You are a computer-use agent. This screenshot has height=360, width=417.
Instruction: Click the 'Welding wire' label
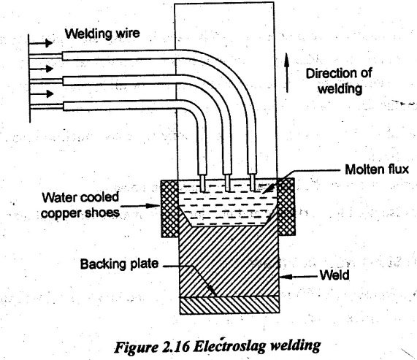click(102, 34)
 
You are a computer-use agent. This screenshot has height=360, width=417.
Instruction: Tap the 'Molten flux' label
click(377, 169)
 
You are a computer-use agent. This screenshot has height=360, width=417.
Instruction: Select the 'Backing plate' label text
click(120, 264)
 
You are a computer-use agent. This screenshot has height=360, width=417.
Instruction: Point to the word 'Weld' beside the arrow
click(334, 275)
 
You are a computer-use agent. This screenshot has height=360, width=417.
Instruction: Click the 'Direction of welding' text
click(339, 81)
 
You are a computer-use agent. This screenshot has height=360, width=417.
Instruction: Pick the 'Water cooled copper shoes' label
click(80, 205)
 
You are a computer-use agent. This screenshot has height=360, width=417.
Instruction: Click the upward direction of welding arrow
click(287, 72)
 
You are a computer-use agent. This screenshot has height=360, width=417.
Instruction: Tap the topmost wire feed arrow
click(41, 43)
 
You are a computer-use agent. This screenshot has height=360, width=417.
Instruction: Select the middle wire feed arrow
click(41, 69)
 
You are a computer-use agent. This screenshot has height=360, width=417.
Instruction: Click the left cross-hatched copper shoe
click(170, 208)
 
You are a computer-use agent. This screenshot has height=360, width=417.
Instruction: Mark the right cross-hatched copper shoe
click(286, 207)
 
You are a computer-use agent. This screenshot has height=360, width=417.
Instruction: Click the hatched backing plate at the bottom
click(229, 305)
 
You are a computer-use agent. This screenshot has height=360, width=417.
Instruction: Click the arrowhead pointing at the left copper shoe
click(154, 206)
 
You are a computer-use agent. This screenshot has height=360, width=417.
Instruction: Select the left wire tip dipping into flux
click(202, 183)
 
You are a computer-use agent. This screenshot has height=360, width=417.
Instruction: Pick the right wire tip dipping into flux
click(253, 183)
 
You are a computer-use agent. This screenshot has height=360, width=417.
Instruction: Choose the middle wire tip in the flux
click(227, 183)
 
